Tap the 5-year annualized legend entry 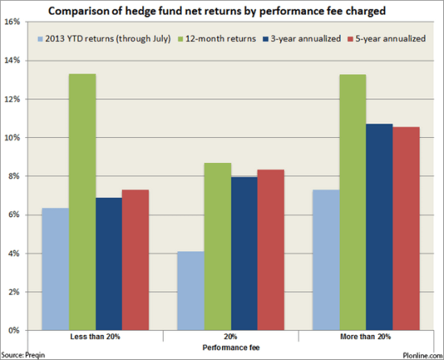pos(385,38)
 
